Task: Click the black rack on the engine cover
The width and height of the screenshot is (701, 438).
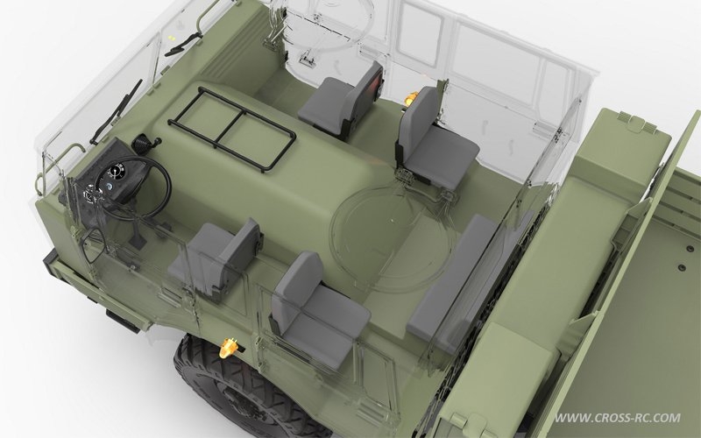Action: point(232,129)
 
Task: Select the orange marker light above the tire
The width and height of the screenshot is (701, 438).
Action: point(229,348)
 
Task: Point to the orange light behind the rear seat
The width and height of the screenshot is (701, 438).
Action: point(411,97)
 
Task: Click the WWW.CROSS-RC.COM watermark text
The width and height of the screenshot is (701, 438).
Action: point(618,418)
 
